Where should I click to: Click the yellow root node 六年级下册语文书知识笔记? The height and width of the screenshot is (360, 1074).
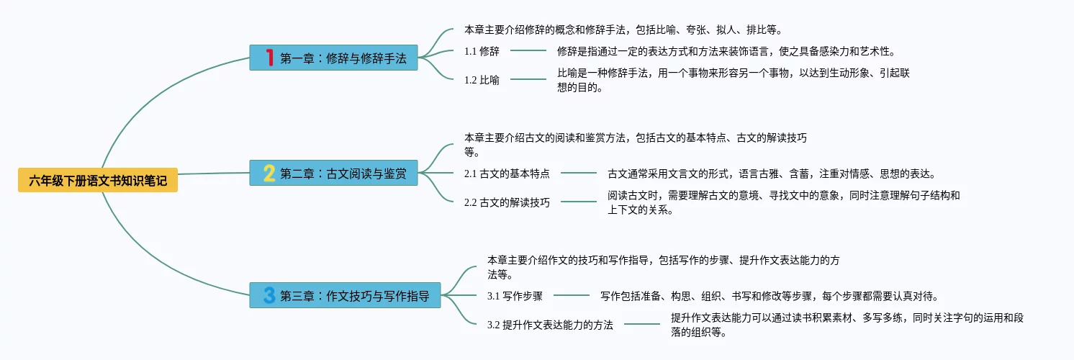point(98,180)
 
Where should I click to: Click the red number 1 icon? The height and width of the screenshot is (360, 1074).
point(269,58)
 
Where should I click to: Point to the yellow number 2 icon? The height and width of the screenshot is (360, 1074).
point(269,174)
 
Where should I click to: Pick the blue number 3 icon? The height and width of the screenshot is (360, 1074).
point(269,295)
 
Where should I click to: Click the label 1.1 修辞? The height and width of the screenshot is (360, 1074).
point(482,51)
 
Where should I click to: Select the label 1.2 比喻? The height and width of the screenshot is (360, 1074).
point(482,80)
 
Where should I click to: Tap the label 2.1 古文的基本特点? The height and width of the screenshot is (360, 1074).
point(507,174)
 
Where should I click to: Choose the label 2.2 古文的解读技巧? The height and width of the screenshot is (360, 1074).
point(507,202)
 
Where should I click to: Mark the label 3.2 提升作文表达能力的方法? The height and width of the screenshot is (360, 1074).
point(550,325)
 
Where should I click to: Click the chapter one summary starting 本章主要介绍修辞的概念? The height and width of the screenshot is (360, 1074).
point(623,30)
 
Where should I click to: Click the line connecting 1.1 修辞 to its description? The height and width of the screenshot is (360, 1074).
point(528,51)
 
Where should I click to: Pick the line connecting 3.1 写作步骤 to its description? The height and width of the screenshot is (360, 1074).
point(572,295)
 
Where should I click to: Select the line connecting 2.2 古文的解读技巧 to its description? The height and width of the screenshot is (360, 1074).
point(579,202)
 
